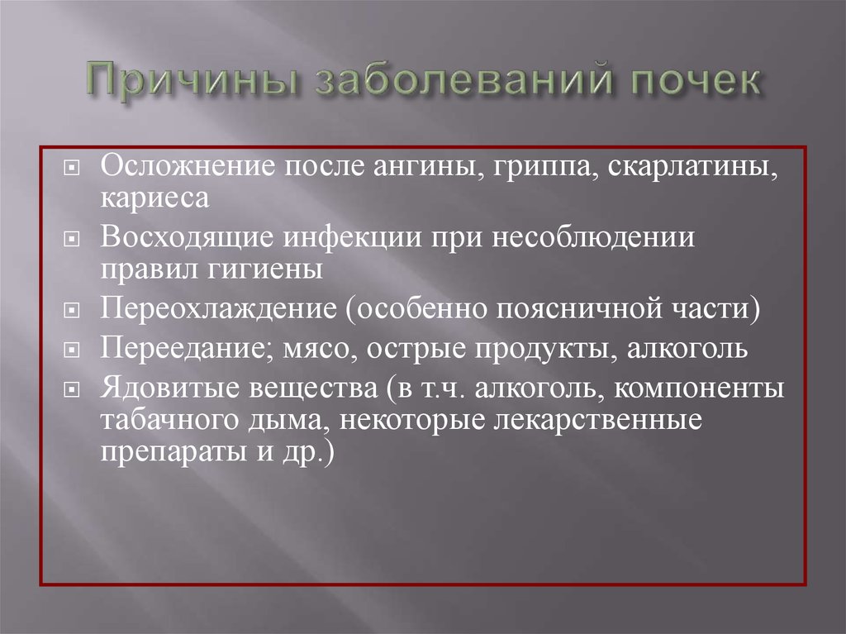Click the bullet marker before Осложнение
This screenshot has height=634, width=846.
[x=71, y=169]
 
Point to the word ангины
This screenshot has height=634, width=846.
[x=427, y=168]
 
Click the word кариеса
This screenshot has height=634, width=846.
[x=154, y=198]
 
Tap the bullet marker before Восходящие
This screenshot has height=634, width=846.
[x=71, y=239]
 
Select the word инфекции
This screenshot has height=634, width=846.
[x=352, y=238]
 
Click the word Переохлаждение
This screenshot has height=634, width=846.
[x=218, y=309]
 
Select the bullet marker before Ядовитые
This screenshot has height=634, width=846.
[x=71, y=390]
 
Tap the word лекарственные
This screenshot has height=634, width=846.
[x=598, y=421]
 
